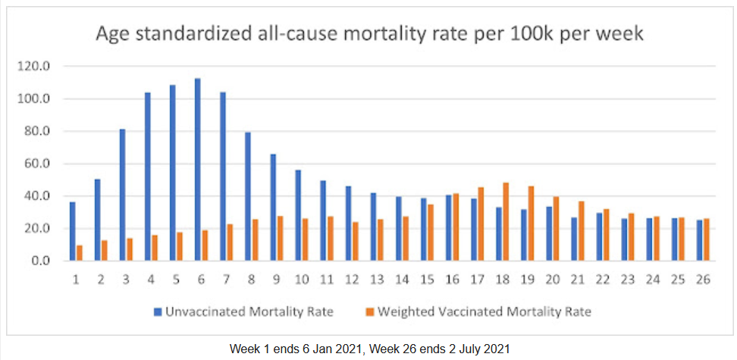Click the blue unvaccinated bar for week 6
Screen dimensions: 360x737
[x=197, y=170]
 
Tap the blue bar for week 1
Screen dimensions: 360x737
[x=72, y=231]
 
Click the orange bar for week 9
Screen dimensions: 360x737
[x=280, y=238]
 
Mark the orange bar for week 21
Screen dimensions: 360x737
[x=581, y=230]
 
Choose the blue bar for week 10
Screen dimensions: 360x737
[x=298, y=215]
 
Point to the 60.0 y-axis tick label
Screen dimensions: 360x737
[x=37, y=164]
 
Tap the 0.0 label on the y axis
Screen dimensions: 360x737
[x=40, y=261]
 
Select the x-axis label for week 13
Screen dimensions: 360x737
[x=378, y=280]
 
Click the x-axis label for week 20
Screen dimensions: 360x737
[x=553, y=280]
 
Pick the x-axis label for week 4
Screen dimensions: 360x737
[x=151, y=280]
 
